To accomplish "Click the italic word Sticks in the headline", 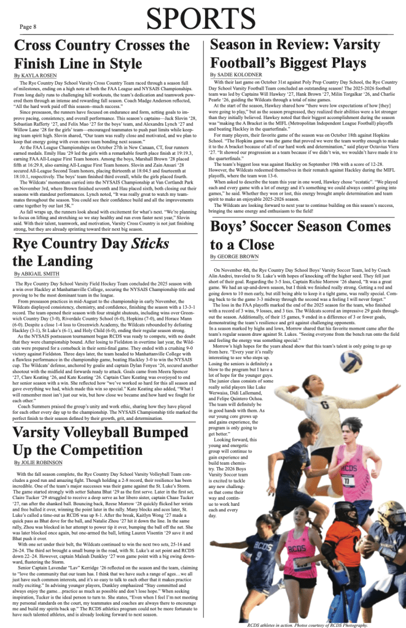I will (x=146, y=241).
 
